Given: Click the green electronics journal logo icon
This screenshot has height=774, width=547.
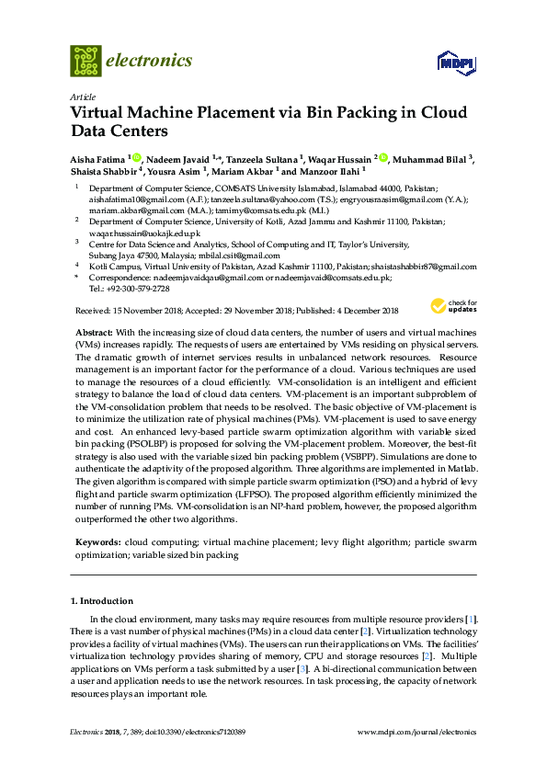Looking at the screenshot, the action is click(85, 61).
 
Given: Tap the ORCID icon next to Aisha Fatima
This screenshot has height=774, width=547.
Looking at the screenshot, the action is click(136, 158).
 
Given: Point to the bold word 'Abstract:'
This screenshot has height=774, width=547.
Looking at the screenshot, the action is click(94, 330).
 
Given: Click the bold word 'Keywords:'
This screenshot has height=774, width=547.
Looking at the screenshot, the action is click(97, 543).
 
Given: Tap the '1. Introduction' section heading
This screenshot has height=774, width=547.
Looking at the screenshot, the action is click(101, 600).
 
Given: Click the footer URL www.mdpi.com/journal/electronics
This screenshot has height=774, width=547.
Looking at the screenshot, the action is click(421, 732).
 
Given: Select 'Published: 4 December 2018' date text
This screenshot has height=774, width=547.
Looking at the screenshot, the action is click(348, 311).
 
